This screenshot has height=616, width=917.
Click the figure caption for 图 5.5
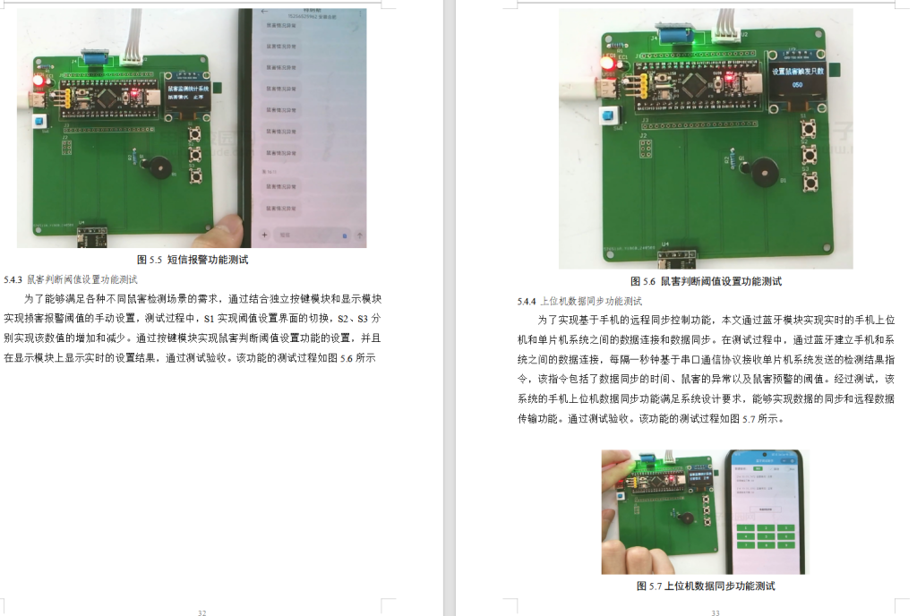click(193, 260)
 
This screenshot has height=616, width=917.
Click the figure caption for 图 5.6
click(706, 280)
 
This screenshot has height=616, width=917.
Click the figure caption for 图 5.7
click(705, 586)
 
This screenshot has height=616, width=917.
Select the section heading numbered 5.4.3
click(71, 279)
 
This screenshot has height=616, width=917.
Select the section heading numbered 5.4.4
click(579, 301)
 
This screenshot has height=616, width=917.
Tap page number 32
click(202, 612)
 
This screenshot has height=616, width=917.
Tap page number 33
click(716, 612)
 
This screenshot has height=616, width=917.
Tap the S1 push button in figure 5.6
click(806, 131)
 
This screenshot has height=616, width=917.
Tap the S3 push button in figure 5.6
click(811, 183)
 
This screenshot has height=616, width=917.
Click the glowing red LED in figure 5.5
click(39, 81)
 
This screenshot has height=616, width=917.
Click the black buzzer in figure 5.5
click(159, 167)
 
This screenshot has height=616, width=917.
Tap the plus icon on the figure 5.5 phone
click(264, 235)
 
